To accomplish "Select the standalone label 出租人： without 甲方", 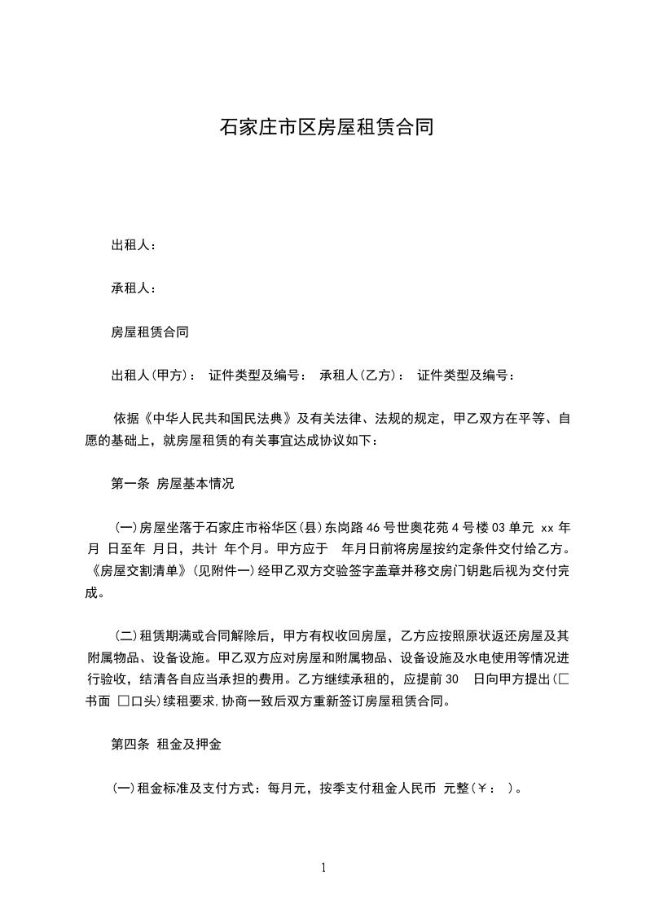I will tap(134, 245).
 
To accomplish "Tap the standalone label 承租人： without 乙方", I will tap(134, 288).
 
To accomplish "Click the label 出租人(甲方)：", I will tap(153, 376).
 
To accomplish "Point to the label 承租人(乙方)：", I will tap(363, 376).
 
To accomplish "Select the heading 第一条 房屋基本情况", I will tap(173, 483).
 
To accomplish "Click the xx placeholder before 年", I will tap(547, 526).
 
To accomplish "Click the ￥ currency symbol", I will tap(482, 789).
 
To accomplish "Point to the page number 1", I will tap(323, 868).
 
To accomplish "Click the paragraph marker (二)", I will tap(125, 635).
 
